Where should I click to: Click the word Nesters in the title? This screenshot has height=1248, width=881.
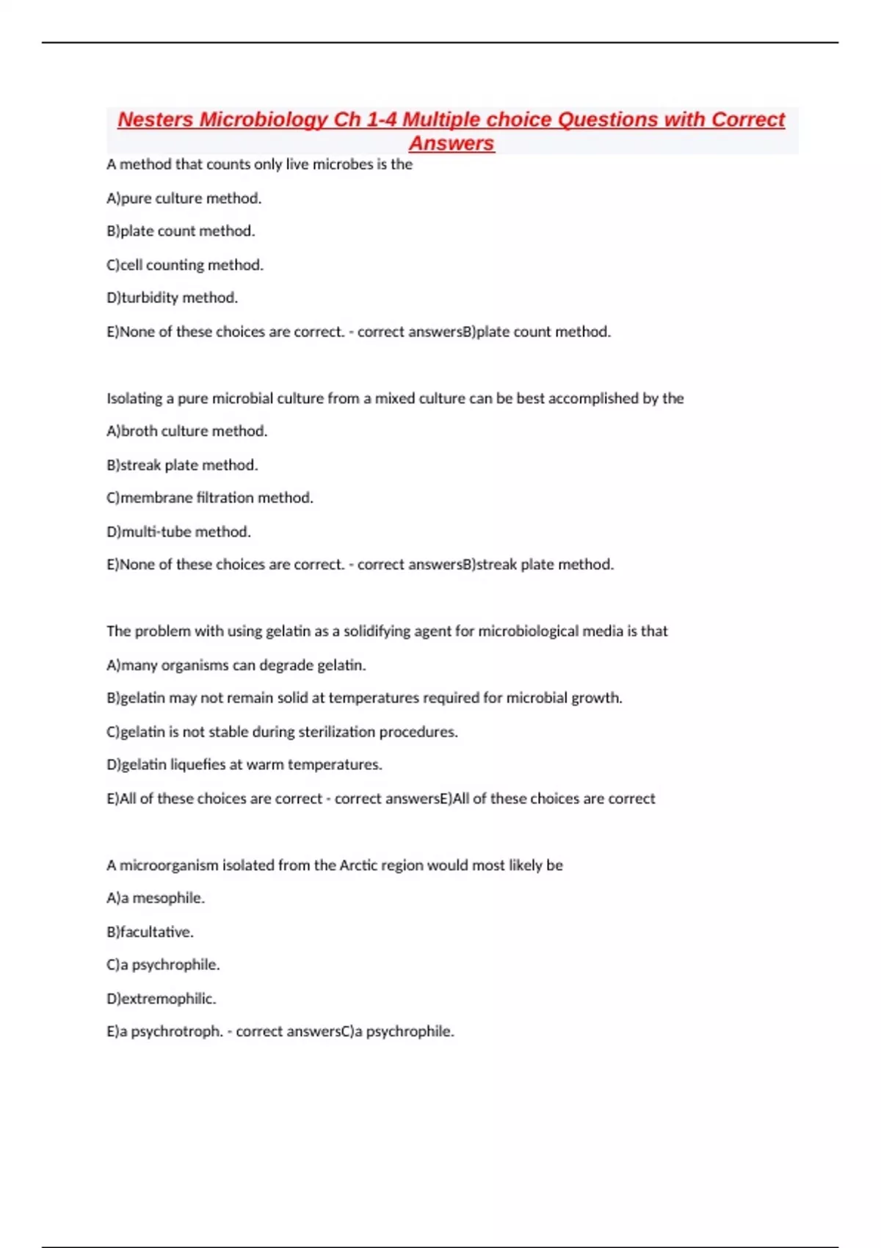(155, 119)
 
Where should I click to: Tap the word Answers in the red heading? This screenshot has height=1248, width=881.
(452, 143)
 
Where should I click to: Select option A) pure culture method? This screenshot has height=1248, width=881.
(184, 198)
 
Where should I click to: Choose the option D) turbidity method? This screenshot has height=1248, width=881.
(172, 297)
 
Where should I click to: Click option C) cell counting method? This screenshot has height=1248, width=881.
(184, 264)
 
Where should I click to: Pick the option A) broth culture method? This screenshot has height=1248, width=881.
(186, 431)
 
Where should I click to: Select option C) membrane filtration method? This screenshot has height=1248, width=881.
(209, 498)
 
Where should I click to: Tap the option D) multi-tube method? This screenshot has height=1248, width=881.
(178, 531)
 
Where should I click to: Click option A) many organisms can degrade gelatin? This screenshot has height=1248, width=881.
(236, 665)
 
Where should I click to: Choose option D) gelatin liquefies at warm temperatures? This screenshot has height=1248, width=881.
(244, 764)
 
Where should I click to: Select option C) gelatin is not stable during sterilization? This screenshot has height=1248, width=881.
(282, 731)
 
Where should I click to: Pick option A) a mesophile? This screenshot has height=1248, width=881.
(155, 898)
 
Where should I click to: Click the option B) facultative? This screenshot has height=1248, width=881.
(150, 932)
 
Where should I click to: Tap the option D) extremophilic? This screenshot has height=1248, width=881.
(161, 998)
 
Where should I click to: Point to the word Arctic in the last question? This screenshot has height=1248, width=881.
(358, 865)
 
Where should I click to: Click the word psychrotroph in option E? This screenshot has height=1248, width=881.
(176, 1031)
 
